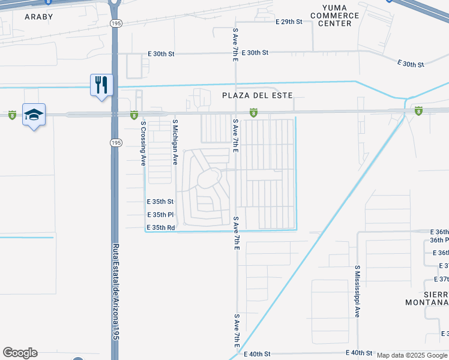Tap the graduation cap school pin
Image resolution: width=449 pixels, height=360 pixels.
(34, 114)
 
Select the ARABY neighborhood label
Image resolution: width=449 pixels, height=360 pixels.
(38, 17)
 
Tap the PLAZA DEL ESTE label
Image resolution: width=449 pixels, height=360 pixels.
(257, 95)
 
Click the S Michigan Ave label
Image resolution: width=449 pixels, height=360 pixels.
(175, 142)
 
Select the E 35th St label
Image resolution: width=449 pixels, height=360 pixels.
(160, 202)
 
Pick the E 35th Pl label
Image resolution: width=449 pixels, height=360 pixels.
(160, 215)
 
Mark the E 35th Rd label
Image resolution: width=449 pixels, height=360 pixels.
(160, 228)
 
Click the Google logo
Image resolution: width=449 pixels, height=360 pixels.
(20, 353)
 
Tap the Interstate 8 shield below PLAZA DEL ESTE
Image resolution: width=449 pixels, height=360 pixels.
(254, 112)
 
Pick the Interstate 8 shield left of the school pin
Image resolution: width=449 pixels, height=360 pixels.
(12, 114)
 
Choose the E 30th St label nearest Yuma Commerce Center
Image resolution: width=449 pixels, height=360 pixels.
(411, 64)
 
